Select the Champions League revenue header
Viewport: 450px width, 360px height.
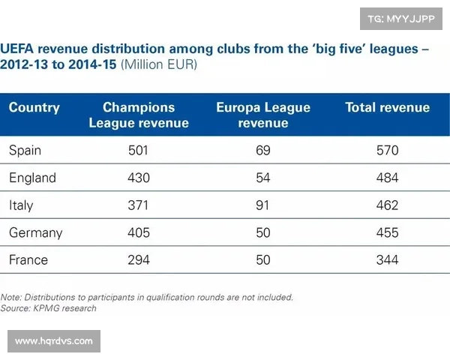(139, 115)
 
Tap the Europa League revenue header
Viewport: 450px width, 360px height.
(263, 115)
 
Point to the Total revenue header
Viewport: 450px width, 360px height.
(388, 107)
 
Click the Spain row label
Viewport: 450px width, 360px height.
(25, 151)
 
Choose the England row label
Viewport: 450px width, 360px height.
(32, 178)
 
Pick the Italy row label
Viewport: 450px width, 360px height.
(21, 205)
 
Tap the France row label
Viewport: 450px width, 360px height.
(28, 259)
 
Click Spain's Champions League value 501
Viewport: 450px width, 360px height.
(139, 151)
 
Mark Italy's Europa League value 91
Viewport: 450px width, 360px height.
(263, 205)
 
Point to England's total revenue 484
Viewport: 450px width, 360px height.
(388, 178)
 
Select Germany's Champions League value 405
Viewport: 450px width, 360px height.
(139, 232)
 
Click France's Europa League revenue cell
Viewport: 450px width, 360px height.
(263, 259)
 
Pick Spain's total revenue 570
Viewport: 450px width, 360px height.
(388, 151)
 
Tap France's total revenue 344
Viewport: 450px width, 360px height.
(388, 259)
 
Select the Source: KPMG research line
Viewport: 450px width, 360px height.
(49, 307)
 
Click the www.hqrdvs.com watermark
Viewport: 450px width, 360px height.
(54, 341)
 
